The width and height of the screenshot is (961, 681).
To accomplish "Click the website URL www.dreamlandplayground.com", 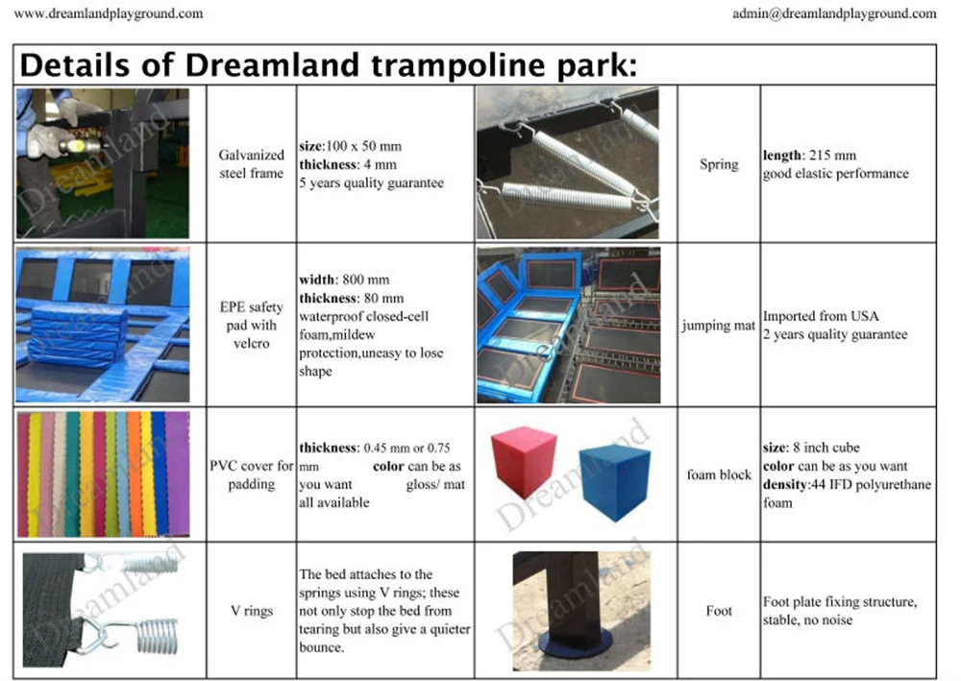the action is click(109, 13).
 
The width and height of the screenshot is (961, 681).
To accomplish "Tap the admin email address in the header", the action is click(834, 13).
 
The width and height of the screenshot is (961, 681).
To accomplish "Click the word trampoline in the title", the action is click(457, 65).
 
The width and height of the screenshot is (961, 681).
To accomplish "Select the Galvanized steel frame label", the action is click(251, 164).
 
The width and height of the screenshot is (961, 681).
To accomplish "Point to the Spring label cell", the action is click(719, 164).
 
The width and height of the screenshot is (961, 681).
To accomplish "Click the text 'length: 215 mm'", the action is click(809, 155).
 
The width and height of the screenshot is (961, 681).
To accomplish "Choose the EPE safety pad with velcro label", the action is click(251, 325).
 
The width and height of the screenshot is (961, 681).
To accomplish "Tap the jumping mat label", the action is click(718, 326).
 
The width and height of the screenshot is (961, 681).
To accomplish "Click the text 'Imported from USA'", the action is click(821, 316).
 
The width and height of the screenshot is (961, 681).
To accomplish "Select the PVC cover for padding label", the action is click(251, 474).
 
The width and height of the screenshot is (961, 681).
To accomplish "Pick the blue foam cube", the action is click(615, 482).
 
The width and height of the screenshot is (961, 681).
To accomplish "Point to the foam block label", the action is click(719, 474).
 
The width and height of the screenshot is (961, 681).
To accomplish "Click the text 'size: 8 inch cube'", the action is click(811, 447).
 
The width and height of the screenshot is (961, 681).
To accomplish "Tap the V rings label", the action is click(251, 611).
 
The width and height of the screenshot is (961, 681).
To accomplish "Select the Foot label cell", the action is click(719, 611).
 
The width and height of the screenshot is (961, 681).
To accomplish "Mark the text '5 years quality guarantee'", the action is click(371, 183).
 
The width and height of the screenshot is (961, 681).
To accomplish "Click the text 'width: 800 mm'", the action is click(344, 280).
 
